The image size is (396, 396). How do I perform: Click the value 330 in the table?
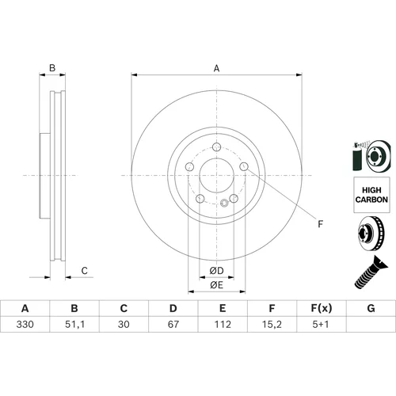pyautogui.click(x=25, y=324)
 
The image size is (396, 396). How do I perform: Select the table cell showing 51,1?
pyautogui.click(x=74, y=324)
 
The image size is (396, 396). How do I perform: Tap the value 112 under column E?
pyautogui.click(x=223, y=324)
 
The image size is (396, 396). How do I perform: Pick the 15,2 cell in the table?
pyautogui.click(x=272, y=324)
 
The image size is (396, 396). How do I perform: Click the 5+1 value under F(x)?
pyautogui.click(x=321, y=324)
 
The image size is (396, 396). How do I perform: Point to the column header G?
pyautogui.click(x=371, y=308)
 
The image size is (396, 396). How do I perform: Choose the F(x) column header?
pyautogui.click(x=322, y=308)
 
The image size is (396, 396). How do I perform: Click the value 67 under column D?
pyautogui.click(x=173, y=324)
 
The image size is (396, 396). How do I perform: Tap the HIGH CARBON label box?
pyautogui.click(x=371, y=195)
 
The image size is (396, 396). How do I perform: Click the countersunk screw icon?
pyautogui.click(x=370, y=272)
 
